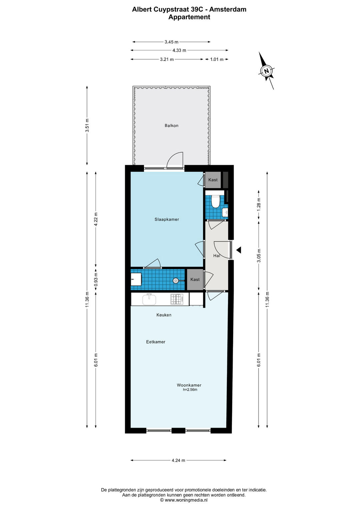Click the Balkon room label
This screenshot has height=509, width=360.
(171, 125)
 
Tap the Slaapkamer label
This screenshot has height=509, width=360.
(167, 219)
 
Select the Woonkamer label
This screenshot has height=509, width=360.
(189, 385)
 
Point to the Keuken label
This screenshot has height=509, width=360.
(164, 315)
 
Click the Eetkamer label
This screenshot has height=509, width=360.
(155, 342)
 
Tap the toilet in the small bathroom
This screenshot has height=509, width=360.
(215, 201)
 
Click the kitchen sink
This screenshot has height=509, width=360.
(149, 299)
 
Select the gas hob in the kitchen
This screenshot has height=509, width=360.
(177, 299)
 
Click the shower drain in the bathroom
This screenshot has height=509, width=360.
(176, 281)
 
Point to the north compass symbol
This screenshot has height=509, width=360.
(266, 71)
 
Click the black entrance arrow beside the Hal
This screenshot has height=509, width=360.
(238, 250)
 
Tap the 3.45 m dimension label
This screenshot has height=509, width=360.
(171, 42)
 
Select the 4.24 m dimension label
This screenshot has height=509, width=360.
(178, 460)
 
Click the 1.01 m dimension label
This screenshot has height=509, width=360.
(217, 59)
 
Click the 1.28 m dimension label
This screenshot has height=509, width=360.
(259, 205)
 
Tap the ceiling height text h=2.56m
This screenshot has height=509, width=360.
(190, 390)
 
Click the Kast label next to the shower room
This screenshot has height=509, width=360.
(195, 279)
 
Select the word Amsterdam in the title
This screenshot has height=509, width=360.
(228, 9)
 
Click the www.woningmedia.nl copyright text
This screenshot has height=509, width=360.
(184, 500)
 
